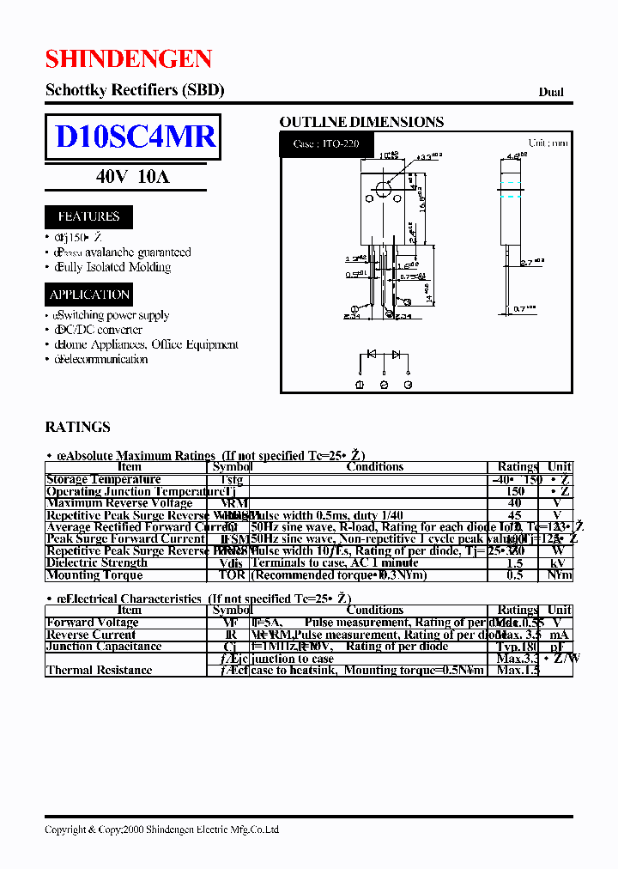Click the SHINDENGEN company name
click(x=129, y=58)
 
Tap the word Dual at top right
click(x=551, y=93)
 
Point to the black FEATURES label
click(x=88, y=216)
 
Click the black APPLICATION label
click(x=89, y=295)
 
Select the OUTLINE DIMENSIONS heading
click(x=361, y=122)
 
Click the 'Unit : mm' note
click(x=548, y=143)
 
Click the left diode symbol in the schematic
click(x=373, y=354)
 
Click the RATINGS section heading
click(x=77, y=427)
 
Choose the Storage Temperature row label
click(x=103, y=480)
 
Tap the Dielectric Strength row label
click(x=97, y=563)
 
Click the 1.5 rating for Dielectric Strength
click(x=515, y=563)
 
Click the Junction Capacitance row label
click(x=104, y=647)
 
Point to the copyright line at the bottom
click(x=161, y=829)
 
